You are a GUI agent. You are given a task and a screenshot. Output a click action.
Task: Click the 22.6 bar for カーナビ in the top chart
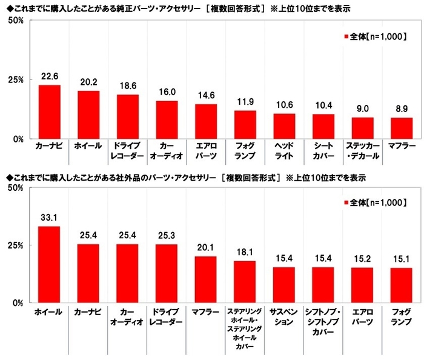coord(49,112)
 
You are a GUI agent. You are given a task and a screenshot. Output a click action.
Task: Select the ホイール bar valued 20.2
coord(88,115)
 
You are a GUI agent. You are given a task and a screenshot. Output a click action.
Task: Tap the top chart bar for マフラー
coord(401,128)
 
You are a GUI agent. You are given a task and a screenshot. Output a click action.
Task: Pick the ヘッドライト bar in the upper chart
coord(284,126)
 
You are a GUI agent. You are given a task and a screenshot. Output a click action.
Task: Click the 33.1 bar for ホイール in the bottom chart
coord(49,264)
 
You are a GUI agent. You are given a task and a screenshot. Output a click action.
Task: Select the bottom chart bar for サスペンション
coord(284,285)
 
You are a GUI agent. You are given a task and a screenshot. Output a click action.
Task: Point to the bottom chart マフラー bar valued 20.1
coord(205,279)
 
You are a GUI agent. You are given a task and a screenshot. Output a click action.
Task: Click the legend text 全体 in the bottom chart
coord(359,202)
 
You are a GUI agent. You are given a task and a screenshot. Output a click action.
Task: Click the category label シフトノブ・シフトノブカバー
coord(323,319)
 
